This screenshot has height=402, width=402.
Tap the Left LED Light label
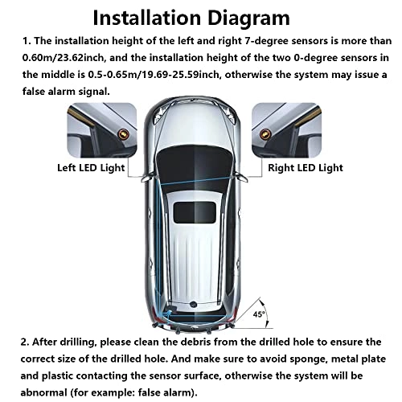coord(90,168)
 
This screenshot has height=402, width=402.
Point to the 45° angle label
coord(258,314)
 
